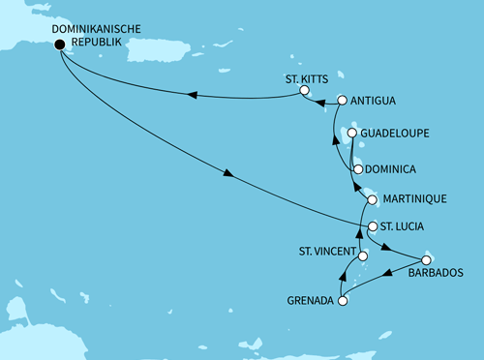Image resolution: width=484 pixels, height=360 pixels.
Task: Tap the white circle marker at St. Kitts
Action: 304,91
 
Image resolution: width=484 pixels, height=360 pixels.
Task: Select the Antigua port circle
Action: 342,101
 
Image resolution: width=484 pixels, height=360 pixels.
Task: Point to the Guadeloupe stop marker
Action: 352,134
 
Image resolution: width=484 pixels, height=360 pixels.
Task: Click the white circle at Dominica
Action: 358,169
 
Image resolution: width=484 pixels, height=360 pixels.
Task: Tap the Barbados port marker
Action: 426,259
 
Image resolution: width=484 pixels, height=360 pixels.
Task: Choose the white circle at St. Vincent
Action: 363,256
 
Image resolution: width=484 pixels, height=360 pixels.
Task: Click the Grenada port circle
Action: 342,301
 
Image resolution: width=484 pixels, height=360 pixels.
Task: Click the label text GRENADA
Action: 310,301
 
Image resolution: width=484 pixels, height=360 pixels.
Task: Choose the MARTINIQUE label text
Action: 416,199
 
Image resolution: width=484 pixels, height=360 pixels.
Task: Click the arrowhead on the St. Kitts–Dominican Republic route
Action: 192,95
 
